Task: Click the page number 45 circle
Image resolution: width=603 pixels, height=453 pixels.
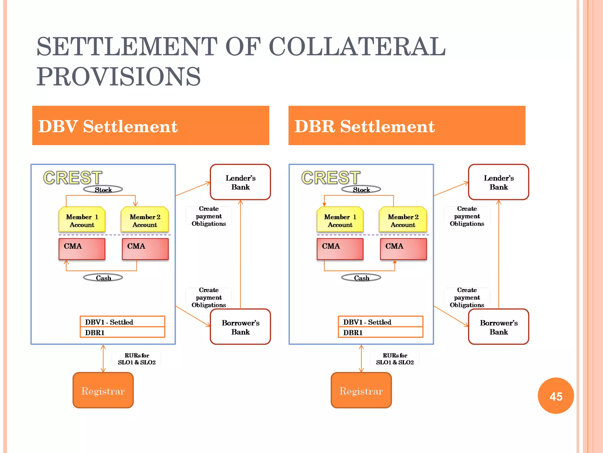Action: [x=556, y=396]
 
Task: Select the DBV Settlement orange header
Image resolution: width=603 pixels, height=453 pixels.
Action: [x=150, y=126]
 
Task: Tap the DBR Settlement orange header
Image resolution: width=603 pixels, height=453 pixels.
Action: [x=407, y=126]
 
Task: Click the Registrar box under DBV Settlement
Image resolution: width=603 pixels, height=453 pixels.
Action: [x=103, y=390]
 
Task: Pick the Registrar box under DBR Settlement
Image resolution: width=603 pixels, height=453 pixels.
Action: [x=361, y=390]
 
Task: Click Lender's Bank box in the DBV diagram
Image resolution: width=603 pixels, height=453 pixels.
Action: [x=240, y=182]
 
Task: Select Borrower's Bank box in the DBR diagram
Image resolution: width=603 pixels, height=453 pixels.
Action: [x=498, y=327]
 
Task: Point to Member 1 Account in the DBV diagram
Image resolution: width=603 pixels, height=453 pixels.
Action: [x=82, y=220]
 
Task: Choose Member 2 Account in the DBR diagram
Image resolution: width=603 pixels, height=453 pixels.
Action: [x=403, y=220]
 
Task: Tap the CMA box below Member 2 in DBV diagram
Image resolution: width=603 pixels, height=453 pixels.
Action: [x=145, y=249]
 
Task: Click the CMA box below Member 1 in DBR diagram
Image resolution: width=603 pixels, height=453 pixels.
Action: [x=340, y=249]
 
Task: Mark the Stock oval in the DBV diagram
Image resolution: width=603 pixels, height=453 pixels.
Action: [x=103, y=189]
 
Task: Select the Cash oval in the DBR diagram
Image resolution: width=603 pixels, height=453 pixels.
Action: [x=361, y=278]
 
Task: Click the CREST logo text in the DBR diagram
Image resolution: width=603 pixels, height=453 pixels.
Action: [x=331, y=178]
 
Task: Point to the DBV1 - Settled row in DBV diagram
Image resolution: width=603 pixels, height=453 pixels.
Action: [x=122, y=322]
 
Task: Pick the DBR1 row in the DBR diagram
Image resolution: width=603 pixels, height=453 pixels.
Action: [x=380, y=332]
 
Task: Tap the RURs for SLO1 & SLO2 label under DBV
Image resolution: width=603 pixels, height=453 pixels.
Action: [x=137, y=359]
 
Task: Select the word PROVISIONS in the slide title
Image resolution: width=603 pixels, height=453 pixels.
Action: [x=118, y=77]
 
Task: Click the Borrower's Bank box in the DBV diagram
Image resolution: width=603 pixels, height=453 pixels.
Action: [x=240, y=327]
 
